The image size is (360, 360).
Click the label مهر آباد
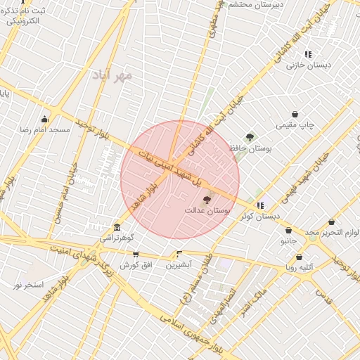[x=112, y=75]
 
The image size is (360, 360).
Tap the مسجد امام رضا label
[x=45, y=130]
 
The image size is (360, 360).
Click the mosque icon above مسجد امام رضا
[x=45, y=119]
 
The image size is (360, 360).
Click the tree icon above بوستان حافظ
[x=250, y=137]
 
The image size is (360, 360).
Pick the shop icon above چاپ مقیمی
[x=294, y=114]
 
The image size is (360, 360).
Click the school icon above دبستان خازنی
[x=308, y=54]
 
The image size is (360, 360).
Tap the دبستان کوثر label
[x=259, y=217]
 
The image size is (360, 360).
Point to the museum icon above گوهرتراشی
[x=117, y=227]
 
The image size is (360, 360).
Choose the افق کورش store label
[x=136, y=265]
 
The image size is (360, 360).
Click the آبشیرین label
[x=179, y=265]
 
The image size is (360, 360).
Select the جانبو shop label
[x=289, y=240]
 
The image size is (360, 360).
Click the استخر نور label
[x=29, y=285]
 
